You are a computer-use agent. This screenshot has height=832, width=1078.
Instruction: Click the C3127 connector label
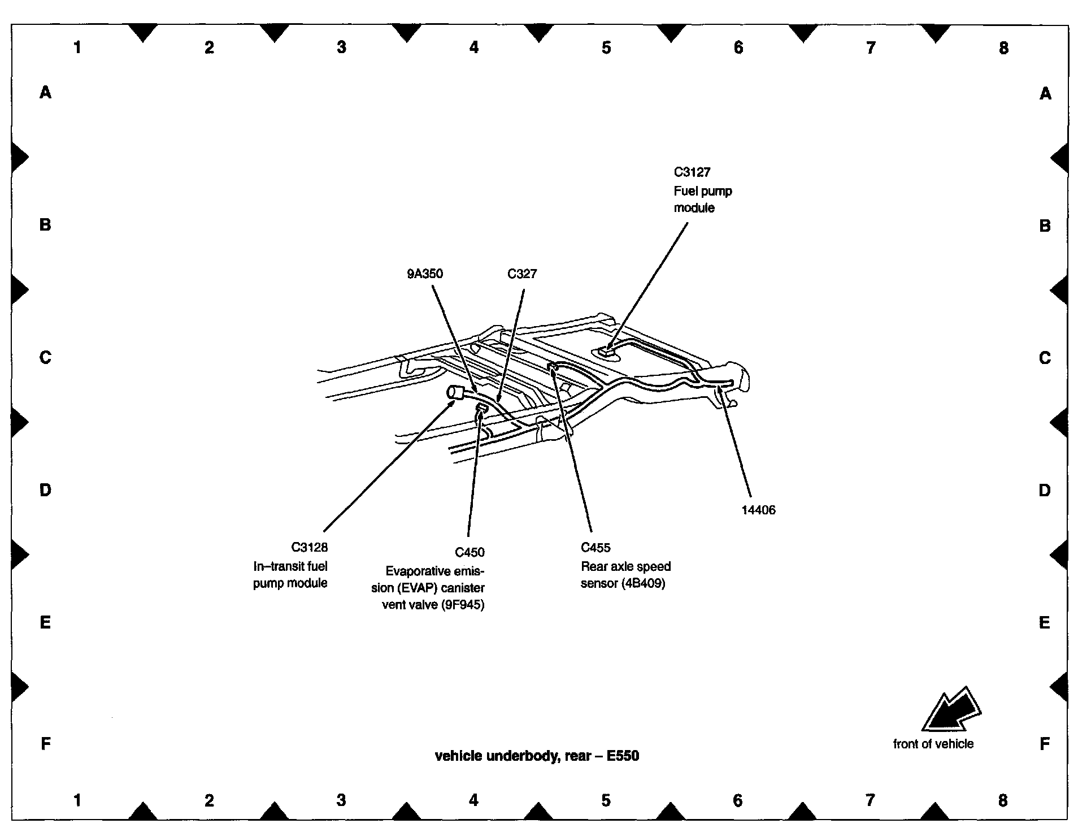tap(692, 172)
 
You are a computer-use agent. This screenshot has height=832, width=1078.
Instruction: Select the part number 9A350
tap(425, 274)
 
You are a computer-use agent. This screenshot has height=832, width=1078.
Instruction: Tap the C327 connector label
tap(522, 274)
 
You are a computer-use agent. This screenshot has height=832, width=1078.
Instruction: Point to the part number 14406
tap(758, 510)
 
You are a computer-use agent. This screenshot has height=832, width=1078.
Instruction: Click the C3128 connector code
tap(310, 547)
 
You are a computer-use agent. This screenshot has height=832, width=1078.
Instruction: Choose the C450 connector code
tap(470, 552)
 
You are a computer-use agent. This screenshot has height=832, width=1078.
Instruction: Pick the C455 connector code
tap(595, 547)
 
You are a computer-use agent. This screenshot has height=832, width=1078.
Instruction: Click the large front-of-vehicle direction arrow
tap(950, 711)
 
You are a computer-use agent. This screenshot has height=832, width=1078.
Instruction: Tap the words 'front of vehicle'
tap(933, 744)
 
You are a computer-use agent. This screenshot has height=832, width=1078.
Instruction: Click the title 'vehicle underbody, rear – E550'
tap(537, 756)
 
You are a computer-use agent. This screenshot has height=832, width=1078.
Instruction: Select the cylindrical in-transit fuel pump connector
tap(454, 392)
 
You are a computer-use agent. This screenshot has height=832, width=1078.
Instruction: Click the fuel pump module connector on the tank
tap(605, 352)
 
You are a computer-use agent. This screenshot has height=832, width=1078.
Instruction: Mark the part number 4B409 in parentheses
tap(643, 583)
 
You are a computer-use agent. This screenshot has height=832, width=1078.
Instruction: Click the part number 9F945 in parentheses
tap(463, 605)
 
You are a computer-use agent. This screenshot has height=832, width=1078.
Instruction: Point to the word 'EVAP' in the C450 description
tap(416, 588)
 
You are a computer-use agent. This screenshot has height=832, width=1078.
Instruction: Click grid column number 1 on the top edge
tap(77, 47)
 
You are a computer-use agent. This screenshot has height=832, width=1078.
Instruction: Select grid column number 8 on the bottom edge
tap(1002, 800)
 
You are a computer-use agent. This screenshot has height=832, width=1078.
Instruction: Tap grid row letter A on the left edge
tap(45, 92)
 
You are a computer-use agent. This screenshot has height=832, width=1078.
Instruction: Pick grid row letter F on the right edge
tap(1045, 744)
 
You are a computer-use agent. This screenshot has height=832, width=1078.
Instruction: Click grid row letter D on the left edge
tap(45, 490)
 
